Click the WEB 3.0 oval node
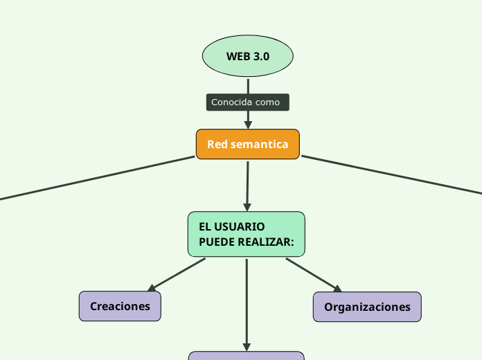click(247, 55)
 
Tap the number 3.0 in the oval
click(260, 56)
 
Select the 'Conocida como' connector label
click(247, 102)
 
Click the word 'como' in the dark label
click(267, 102)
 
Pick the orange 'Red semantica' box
click(247, 144)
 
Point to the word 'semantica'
click(260, 145)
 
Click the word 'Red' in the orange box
click(217, 145)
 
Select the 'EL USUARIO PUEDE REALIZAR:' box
click(246, 234)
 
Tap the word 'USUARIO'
click(240, 226)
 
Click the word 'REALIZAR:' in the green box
click(267, 242)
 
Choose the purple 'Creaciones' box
click(120, 306)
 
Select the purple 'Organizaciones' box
click(367, 307)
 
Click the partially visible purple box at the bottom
click(246, 355)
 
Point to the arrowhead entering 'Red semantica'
click(247, 125)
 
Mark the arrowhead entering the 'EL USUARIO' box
click(247, 206)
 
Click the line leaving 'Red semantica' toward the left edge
click(97, 178)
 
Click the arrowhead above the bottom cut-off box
click(247, 346)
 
